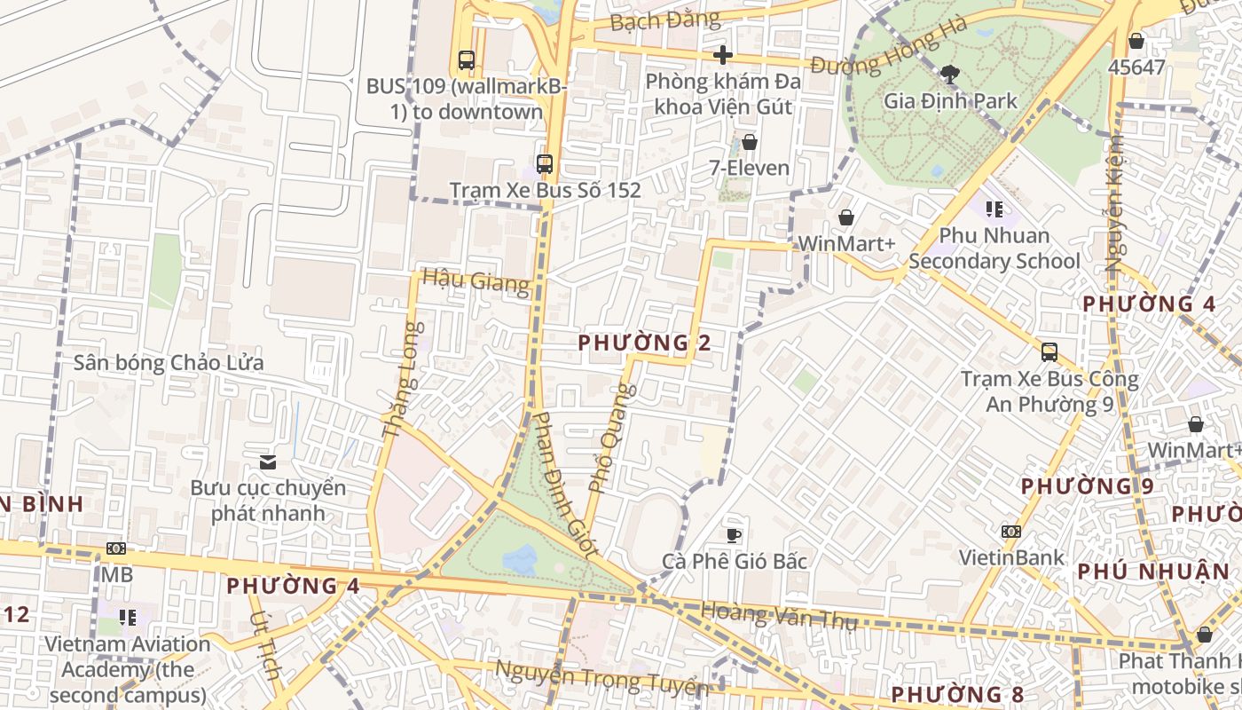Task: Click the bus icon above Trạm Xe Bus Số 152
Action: click(544, 164)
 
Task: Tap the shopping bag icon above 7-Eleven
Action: click(750, 142)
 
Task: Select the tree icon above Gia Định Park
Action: click(949, 74)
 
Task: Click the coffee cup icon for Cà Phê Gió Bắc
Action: click(734, 535)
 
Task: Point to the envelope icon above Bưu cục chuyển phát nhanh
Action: click(268, 461)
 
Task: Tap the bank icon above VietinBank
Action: click(1010, 532)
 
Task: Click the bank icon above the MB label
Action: click(116, 548)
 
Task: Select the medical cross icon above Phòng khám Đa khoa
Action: click(723, 55)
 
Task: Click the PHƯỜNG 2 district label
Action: click(644, 343)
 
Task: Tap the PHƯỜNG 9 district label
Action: click(1087, 486)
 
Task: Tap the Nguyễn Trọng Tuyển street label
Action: click(601, 679)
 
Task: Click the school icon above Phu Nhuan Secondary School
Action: click(994, 209)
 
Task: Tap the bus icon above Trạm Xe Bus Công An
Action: click(1049, 352)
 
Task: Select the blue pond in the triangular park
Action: click(520, 559)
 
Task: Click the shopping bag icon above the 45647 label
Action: click(1136, 41)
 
